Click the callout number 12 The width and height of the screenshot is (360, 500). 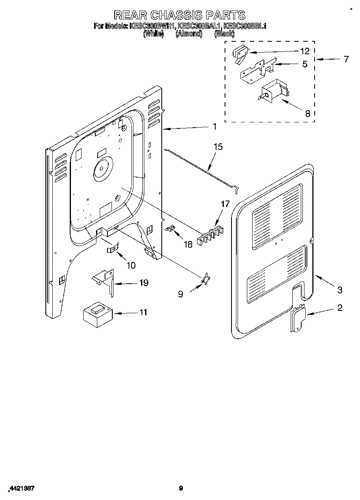tap(304, 51)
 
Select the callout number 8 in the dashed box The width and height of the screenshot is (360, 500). tap(307, 114)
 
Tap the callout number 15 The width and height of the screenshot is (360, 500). tap(218, 147)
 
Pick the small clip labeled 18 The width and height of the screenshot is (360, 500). tap(170, 229)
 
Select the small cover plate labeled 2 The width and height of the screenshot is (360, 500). tap(298, 318)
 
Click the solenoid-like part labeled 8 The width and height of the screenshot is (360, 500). tap(274, 91)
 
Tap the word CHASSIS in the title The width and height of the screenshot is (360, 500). tap(179, 15)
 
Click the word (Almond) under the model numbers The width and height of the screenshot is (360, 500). tap(189, 34)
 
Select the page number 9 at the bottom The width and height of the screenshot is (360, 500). tap(181, 488)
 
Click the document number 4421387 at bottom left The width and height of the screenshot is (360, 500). tap(21, 488)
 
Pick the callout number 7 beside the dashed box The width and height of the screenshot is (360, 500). tap(345, 59)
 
